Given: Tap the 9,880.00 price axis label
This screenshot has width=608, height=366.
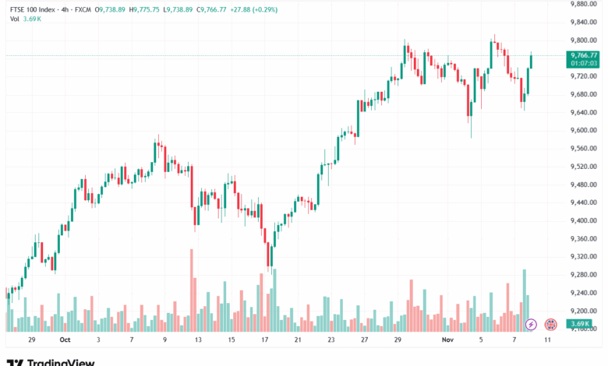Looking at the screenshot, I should [585, 4].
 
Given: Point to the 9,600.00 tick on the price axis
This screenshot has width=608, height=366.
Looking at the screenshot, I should [585, 130].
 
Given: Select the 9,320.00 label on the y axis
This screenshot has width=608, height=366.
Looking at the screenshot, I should [585, 256].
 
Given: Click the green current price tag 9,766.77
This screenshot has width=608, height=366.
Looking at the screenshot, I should [584, 55].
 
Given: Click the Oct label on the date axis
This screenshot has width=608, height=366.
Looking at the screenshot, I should [65, 340].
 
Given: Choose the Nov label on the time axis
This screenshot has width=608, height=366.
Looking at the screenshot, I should [447, 340].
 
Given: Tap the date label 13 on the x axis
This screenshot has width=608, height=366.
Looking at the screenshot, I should [199, 340].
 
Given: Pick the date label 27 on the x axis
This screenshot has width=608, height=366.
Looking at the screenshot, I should [365, 340].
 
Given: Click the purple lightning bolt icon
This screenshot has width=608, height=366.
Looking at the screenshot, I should [532, 324].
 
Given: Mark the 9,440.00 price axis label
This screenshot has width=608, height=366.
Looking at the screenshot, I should [585, 202].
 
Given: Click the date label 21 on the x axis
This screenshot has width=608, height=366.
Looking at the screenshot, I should [299, 340].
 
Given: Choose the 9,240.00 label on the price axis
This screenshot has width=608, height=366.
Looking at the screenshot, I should [585, 292].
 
